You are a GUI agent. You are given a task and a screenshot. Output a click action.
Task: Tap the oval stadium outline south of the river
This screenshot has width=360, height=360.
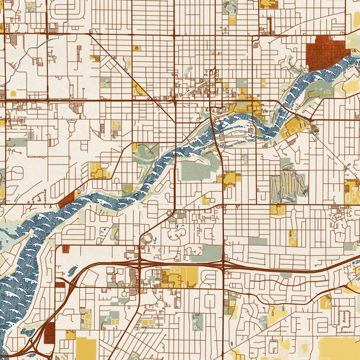146,239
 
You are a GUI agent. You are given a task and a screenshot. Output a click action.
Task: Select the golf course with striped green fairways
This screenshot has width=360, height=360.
287,187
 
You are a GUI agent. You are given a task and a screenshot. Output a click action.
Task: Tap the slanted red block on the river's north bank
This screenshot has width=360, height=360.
66,199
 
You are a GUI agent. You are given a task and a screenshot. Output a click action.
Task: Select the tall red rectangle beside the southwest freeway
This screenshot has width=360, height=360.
49,332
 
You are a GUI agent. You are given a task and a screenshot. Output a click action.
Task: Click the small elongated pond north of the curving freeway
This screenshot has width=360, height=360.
73,271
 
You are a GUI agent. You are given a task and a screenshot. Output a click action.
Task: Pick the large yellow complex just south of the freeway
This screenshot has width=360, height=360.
179,277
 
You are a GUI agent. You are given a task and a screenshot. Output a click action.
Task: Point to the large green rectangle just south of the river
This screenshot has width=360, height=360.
197,171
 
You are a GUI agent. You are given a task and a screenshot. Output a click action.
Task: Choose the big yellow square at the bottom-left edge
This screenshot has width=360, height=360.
85,349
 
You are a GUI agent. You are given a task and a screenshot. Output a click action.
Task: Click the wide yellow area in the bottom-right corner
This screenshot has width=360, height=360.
339,348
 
